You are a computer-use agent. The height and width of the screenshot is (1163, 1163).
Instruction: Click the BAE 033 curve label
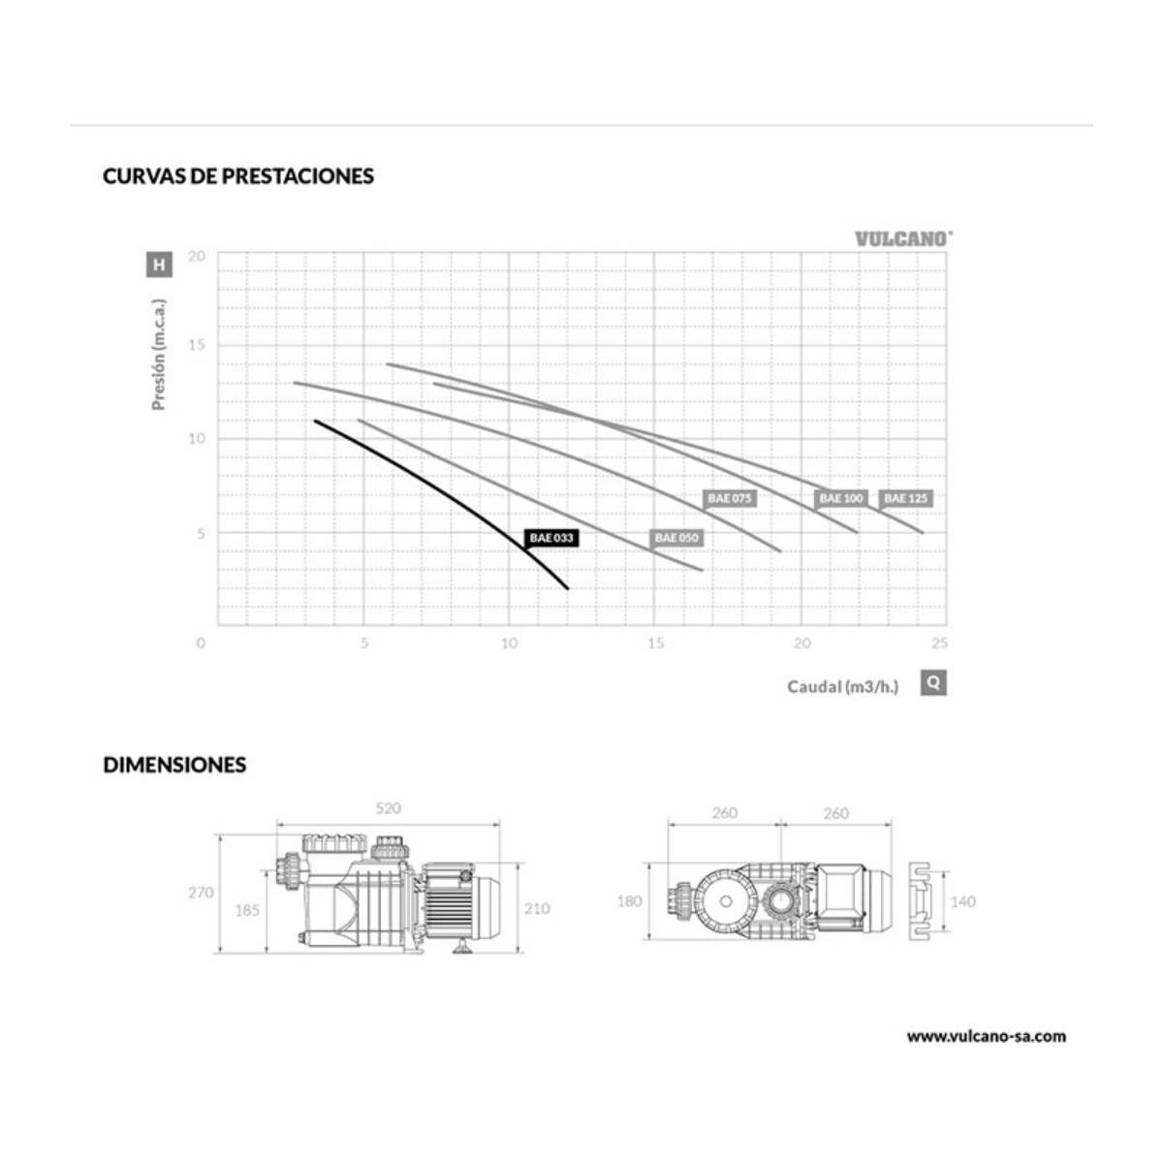pos(551,538)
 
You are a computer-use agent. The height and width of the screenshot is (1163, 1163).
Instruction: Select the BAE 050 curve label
pos(676,538)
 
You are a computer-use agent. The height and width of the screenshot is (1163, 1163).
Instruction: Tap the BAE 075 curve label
pos(730,498)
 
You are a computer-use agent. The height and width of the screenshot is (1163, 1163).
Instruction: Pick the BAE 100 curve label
pos(840,498)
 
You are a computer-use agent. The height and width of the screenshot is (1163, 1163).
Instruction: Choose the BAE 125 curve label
pos(905,498)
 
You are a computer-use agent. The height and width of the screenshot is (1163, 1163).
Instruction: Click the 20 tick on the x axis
pos(802,644)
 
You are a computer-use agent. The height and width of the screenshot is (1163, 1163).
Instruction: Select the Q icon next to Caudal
pos(933,682)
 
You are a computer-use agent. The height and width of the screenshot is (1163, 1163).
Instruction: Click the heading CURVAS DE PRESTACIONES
pos(238,176)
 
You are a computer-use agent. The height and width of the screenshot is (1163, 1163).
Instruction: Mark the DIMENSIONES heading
pos(174,765)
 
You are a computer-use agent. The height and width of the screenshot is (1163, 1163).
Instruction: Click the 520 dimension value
pos(388,808)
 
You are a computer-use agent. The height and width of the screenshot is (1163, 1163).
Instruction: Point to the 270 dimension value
pos(201,893)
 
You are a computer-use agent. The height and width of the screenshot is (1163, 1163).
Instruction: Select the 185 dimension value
pos(247,910)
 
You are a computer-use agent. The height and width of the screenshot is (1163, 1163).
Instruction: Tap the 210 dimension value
pos(537,908)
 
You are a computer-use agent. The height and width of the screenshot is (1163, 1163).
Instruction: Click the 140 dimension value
pos(962,901)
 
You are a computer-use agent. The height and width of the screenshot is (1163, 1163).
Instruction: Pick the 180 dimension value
pos(630,901)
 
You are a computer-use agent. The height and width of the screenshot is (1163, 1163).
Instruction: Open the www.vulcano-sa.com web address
pos(986,1036)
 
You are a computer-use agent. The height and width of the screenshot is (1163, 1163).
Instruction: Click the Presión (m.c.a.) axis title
pos(159,354)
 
